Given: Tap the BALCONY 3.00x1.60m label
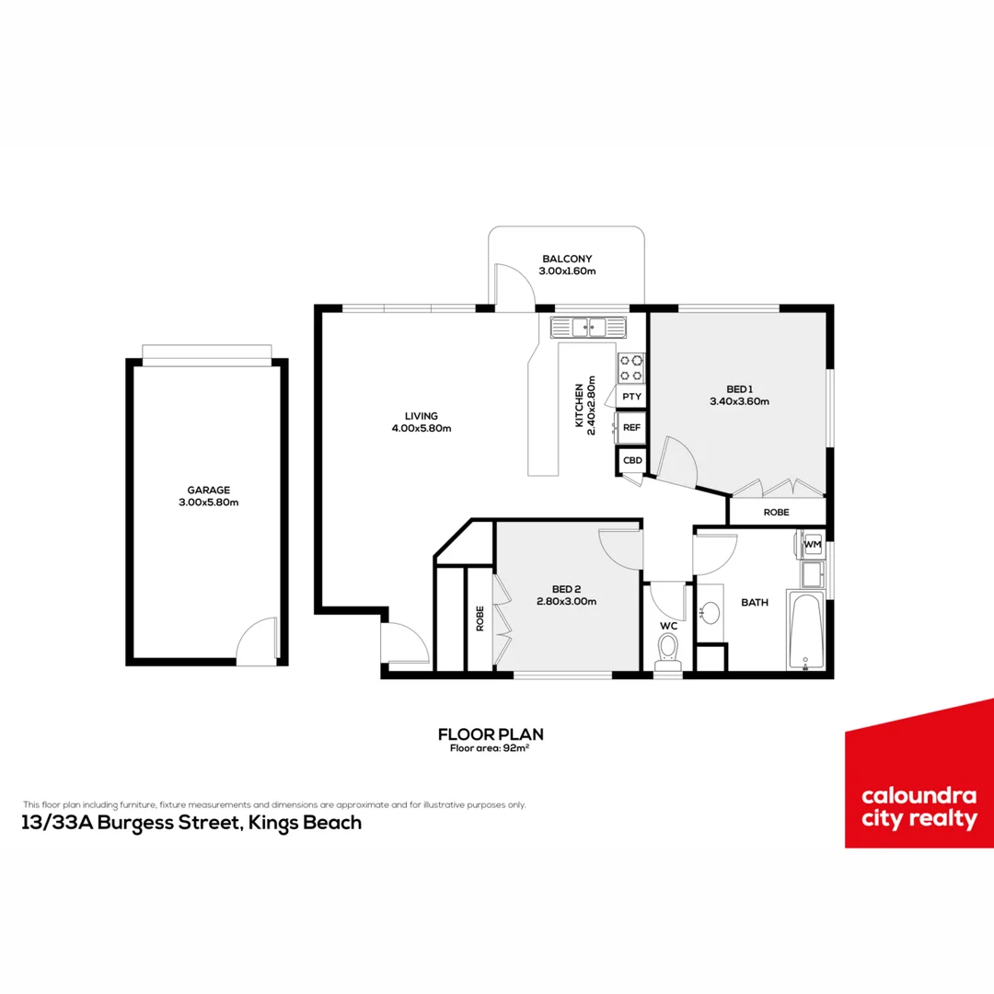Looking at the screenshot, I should pyautogui.click(x=568, y=265).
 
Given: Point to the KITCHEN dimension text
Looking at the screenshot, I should pyautogui.click(x=585, y=405).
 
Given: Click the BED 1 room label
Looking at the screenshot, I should pyautogui.click(x=738, y=395).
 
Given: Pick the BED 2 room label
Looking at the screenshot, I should pyautogui.click(x=568, y=595).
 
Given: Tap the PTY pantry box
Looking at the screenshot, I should pyautogui.click(x=631, y=397).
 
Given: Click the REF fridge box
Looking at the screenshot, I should pyautogui.click(x=631, y=428).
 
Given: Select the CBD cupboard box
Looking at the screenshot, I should pyautogui.click(x=632, y=460).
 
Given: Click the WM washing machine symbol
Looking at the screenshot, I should pyautogui.click(x=812, y=545).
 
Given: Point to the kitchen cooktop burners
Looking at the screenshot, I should pyautogui.click(x=631, y=367).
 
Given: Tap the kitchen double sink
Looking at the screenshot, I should pyautogui.click(x=588, y=326).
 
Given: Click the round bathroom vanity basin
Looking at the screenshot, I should pyautogui.click(x=711, y=613).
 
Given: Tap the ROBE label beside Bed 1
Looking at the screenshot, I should pyautogui.click(x=777, y=512).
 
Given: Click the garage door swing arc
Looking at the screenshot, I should pyautogui.click(x=258, y=641).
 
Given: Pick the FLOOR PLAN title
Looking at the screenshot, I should pyautogui.click(x=491, y=734).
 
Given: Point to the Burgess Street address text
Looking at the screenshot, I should pyautogui.click(x=191, y=823).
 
